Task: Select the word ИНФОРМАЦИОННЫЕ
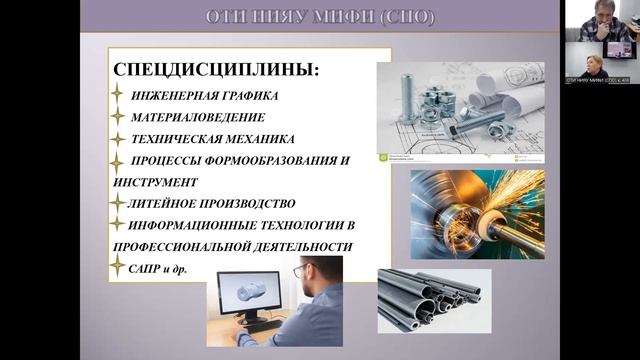click(x=201, y=224)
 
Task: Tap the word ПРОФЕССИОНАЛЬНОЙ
click(x=179, y=246)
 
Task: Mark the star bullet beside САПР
click(x=117, y=266)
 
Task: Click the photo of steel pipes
click(x=433, y=299)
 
